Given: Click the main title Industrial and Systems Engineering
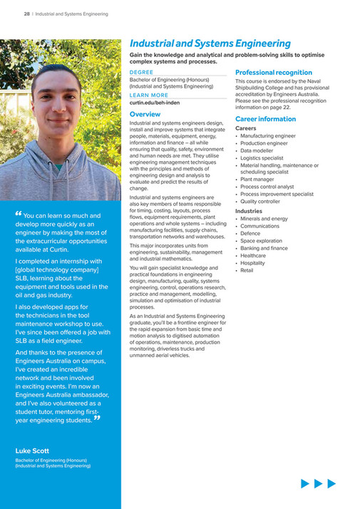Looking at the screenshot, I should pos(210,44).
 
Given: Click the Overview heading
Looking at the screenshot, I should pos(145,114).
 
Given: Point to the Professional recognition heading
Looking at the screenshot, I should pos(274,73).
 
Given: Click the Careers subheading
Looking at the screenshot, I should pos(246,128).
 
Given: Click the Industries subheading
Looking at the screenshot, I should pos(249,211).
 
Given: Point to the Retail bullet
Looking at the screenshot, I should pos(247,271).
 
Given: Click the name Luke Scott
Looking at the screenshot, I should pos(33,451).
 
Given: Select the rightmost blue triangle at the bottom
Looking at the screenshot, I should pos(331,484).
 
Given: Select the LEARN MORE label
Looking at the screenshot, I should pos(149,95).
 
